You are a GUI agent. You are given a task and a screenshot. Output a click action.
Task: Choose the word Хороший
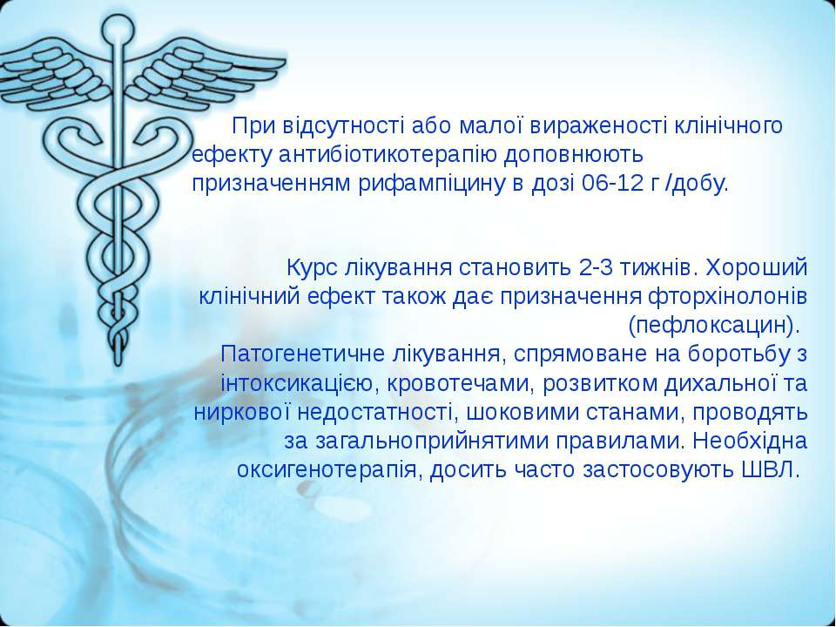point(757,267)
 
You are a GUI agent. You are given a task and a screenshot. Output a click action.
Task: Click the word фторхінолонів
point(727,296)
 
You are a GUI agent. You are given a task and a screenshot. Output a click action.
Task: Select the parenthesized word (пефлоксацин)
point(714,325)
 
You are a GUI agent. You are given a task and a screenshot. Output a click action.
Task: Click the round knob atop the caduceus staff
point(118,28)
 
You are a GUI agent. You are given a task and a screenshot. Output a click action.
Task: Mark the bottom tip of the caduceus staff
point(118,364)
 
